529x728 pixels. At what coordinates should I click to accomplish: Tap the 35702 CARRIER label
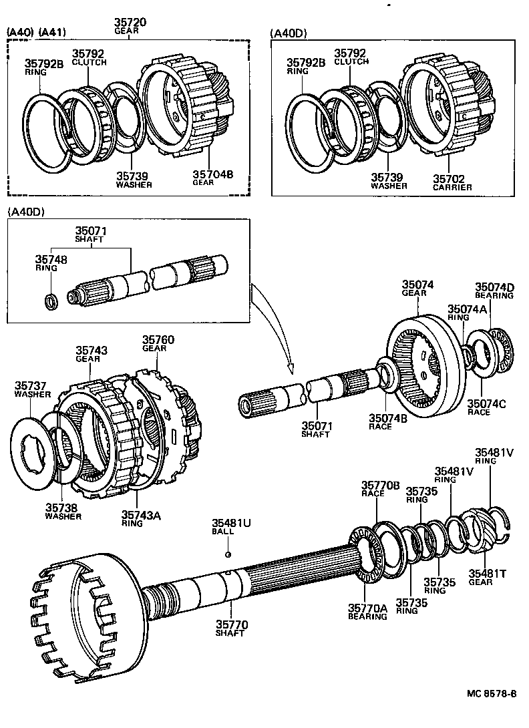coord(452,182)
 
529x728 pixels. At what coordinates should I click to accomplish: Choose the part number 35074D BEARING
coord(494,291)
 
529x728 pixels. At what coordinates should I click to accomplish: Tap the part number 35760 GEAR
coord(158,343)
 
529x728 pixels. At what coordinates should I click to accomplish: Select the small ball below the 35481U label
coord(228,554)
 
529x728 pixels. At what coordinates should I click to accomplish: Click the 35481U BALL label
coord(231,527)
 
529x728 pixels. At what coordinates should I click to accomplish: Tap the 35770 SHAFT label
coord(231,628)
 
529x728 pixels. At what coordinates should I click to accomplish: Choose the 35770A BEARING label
coord(367,611)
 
